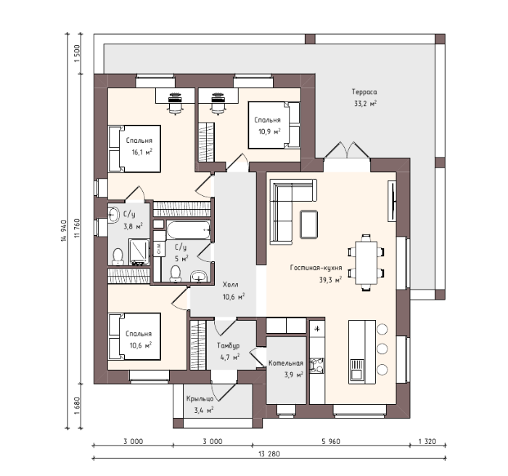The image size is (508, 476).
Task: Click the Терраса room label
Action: tap(364, 92)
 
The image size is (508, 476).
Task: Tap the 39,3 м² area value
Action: tap(330, 279)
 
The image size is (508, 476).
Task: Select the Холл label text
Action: tap(231, 284)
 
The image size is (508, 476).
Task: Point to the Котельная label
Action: tap(286, 364)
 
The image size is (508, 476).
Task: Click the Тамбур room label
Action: tap(229, 345)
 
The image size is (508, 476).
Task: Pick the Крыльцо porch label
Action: tap(200, 399)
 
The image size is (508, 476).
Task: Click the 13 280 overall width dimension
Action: tap(269, 454)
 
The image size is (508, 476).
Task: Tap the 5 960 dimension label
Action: tap(331, 441)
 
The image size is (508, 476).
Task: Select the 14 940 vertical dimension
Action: tap(64, 231)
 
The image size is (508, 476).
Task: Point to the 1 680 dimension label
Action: tap(77, 406)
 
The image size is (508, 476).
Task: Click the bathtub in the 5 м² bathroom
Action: tap(189, 230)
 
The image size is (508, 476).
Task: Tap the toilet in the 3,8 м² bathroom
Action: tap(118, 256)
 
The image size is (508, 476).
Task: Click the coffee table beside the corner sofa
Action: tap(308, 224)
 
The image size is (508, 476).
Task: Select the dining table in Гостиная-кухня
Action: tap(366, 263)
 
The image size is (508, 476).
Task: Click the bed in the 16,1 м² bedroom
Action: tap(134, 149)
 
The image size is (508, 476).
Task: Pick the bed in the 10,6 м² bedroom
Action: tap(134, 337)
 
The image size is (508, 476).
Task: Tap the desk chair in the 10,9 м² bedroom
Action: tap(218, 104)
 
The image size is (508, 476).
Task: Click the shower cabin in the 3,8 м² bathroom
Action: tap(139, 252)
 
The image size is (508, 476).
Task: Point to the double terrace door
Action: tap(347, 150)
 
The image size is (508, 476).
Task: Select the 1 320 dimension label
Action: tap(427, 441)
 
